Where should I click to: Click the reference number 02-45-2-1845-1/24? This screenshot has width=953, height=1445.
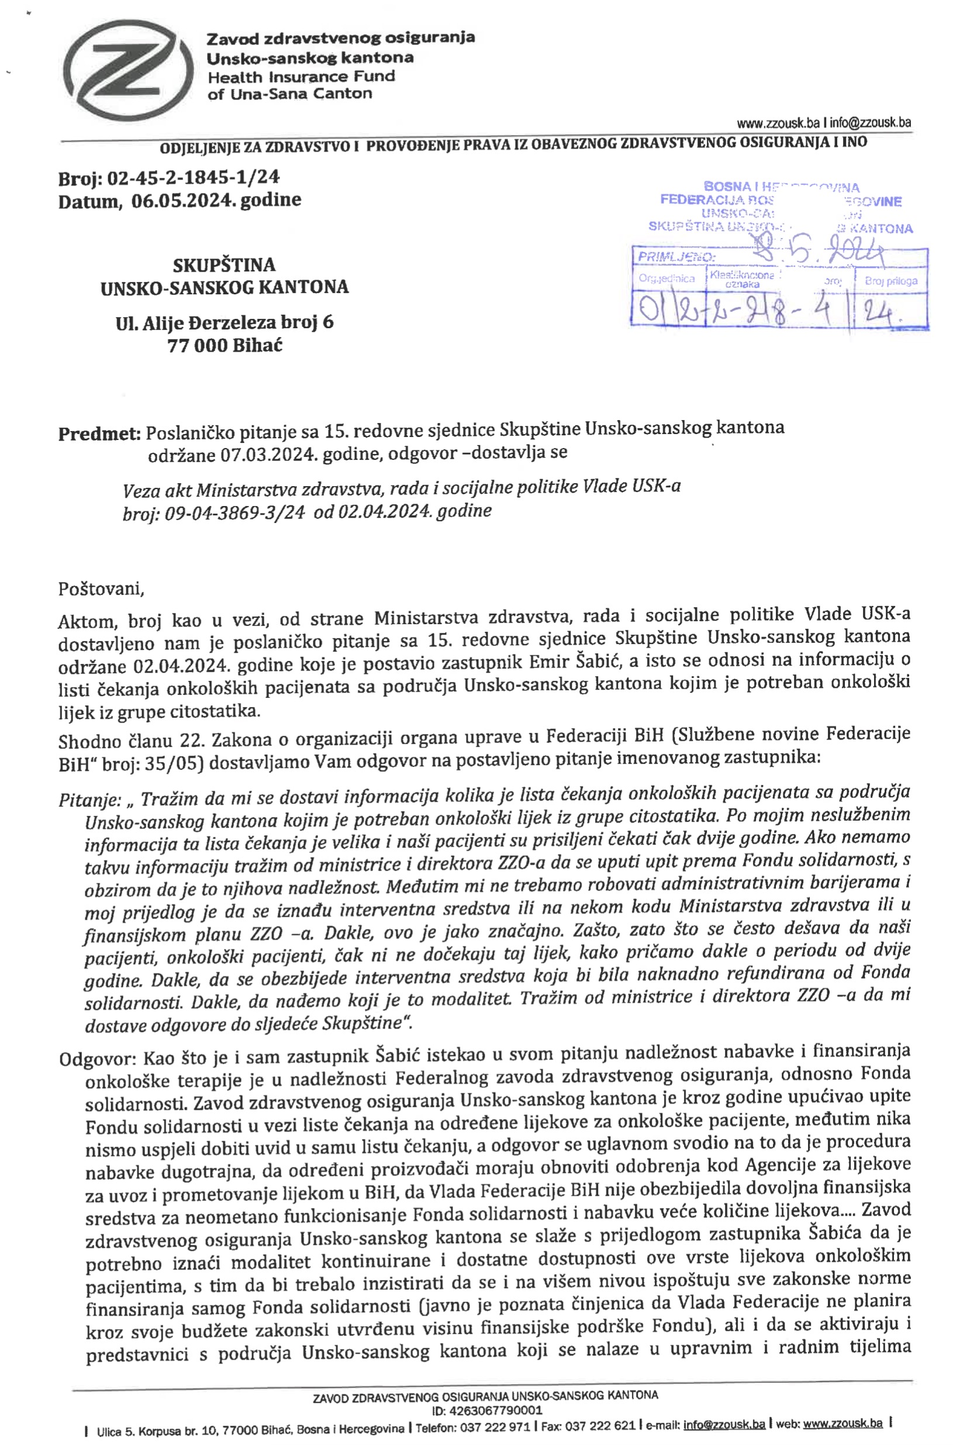point(194,178)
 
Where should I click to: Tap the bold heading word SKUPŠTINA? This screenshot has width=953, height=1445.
point(224,265)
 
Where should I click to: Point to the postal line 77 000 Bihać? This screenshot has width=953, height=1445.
point(225,345)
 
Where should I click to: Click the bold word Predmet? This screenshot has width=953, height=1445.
point(99,433)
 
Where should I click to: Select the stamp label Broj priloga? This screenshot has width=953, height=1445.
point(890,281)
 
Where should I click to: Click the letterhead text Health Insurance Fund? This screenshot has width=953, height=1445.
point(302,77)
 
